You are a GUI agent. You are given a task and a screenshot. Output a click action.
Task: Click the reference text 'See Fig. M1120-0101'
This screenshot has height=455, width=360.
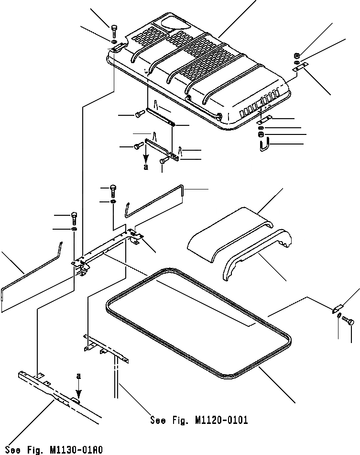199,421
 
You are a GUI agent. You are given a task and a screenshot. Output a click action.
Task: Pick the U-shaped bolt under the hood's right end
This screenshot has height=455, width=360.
263,143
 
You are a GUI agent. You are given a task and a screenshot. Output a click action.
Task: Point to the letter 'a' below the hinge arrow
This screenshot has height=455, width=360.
146,167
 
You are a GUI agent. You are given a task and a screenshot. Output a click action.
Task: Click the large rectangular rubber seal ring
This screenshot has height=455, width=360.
201,325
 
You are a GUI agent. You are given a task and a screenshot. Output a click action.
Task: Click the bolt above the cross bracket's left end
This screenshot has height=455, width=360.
74,218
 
